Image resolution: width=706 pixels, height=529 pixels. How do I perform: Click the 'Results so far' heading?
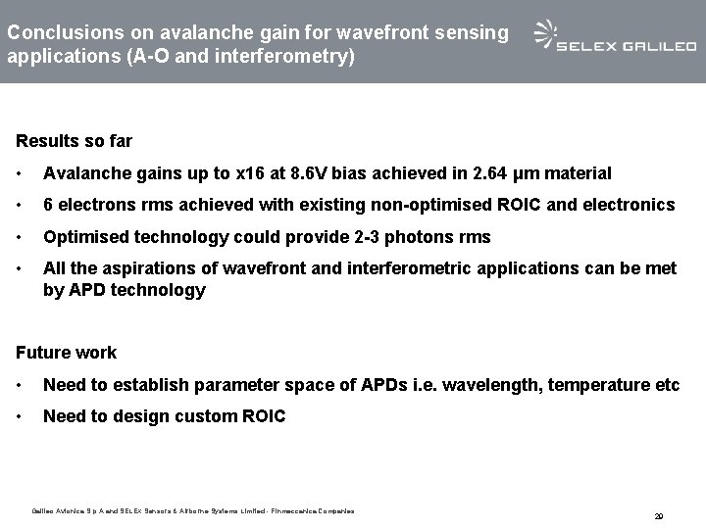(x=75, y=141)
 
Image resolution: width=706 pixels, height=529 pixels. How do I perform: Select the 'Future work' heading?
(x=66, y=353)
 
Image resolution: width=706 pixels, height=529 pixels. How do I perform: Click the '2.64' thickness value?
(x=491, y=173)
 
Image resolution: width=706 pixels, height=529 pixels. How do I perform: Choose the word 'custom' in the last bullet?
(x=205, y=416)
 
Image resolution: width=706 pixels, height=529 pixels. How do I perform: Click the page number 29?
(x=659, y=515)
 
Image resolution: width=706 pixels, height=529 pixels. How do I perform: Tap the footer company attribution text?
(x=192, y=510)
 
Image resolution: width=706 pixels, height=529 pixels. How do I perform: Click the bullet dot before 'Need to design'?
(x=21, y=416)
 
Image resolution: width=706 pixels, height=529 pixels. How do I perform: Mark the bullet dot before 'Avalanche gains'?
(x=21, y=173)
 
